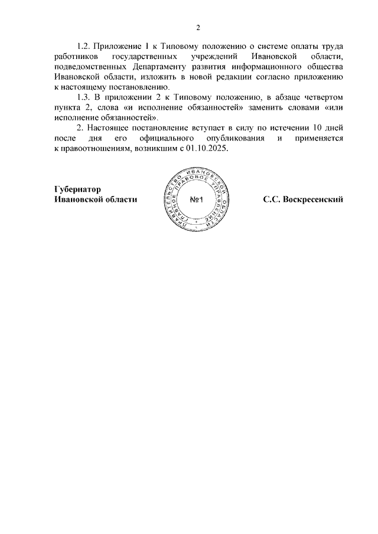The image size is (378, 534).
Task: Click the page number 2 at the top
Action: click(198, 27)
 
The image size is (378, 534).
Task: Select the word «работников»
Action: click(74, 56)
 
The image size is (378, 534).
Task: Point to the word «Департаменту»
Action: click(159, 66)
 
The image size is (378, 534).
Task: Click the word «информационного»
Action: click(261, 66)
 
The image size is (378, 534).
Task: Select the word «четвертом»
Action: click(323, 97)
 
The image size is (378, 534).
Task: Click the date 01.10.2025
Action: click(206, 148)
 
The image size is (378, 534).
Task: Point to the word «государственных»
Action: click(145, 56)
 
